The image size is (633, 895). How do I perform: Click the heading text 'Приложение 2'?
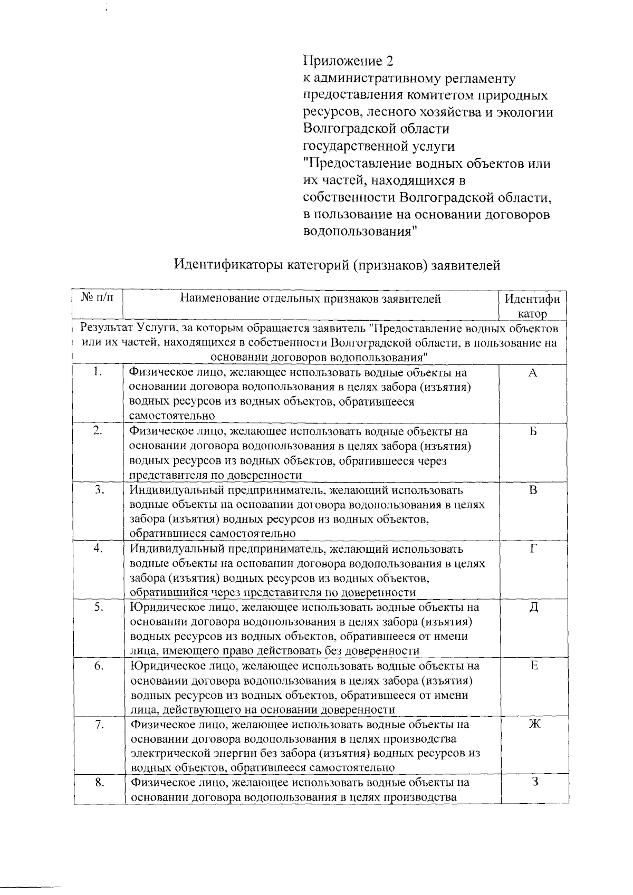tap(348, 61)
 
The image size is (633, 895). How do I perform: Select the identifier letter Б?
tap(533, 432)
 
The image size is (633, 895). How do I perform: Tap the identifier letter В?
tap(533, 490)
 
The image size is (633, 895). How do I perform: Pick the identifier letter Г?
tap(533, 549)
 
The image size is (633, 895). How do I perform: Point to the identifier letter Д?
tap(533, 608)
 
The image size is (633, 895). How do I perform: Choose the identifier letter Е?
tap(533, 666)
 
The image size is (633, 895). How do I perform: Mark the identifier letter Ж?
tap(533, 725)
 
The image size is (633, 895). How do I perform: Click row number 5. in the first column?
tap(99, 608)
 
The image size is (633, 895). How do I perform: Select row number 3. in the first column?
tap(99, 490)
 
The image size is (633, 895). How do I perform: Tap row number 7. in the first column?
tap(99, 725)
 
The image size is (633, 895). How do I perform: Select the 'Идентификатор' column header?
tap(532, 306)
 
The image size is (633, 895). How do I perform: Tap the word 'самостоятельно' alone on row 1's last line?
tap(172, 416)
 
